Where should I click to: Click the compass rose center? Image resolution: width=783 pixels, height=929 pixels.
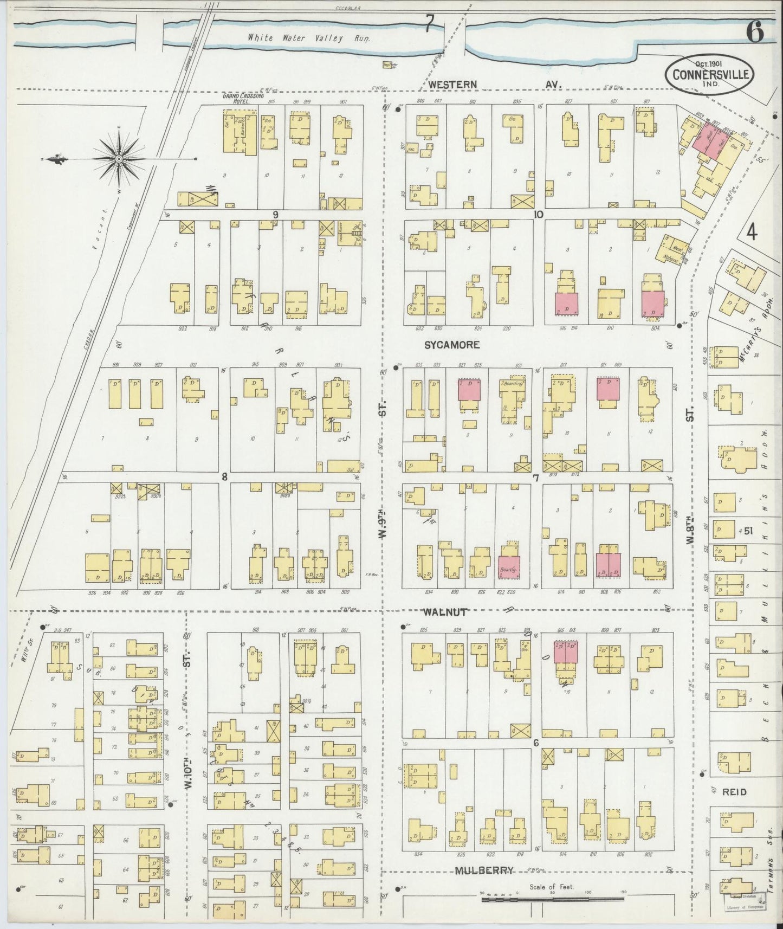coord(118,159)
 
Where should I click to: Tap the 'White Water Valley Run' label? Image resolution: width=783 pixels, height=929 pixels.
coord(309,38)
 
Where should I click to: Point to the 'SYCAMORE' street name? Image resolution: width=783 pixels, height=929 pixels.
coord(452,345)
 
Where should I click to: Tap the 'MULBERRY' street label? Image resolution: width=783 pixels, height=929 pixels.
coord(484,870)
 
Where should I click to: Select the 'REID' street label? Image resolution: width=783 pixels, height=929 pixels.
coord(734,792)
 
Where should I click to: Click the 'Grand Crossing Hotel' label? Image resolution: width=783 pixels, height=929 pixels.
coord(243,98)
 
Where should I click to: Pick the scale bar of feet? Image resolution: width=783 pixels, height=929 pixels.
coord(553,899)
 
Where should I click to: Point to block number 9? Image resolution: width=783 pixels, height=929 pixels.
coord(275,215)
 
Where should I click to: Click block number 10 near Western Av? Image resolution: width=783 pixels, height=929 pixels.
coord(538,215)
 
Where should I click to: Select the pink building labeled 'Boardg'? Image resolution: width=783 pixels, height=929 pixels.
coord(509,566)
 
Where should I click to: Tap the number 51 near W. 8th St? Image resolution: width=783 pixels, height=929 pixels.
coord(748,531)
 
